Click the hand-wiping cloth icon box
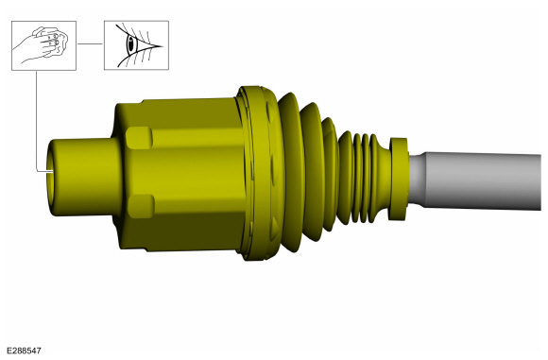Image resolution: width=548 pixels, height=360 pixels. pos(43,45)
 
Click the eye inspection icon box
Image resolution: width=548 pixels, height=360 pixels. pos(136,45)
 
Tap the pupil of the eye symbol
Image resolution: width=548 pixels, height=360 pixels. pos(131,45)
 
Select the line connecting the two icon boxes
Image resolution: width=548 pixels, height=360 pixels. pos(90,44)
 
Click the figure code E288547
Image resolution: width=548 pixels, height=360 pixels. pos(25,351)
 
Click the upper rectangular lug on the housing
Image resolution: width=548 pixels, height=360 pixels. pos(139,138)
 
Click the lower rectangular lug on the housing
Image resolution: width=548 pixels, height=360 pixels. pos(141,206)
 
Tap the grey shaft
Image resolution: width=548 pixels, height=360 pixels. pos(479,181)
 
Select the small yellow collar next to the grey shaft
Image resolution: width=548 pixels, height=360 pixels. pos(398,179)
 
